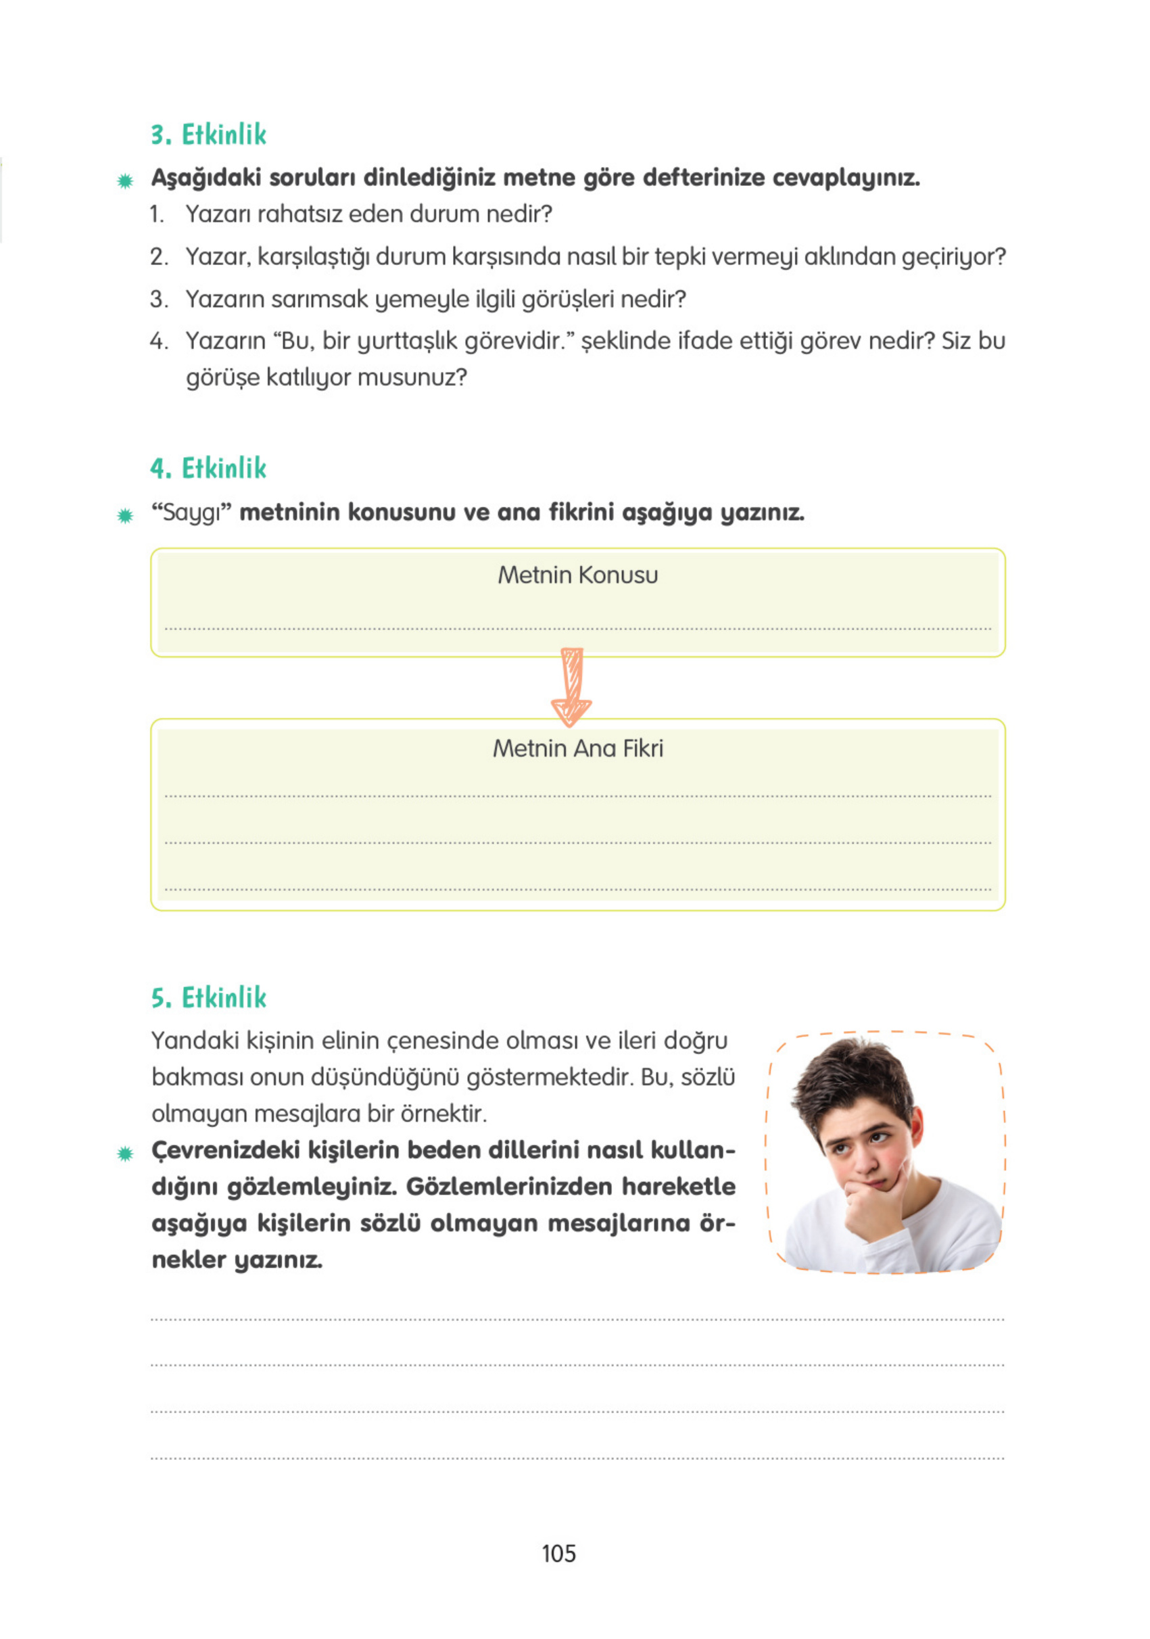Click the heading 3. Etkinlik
tap(208, 134)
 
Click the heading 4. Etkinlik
tap(208, 469)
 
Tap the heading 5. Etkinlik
tap(208, 997)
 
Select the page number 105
tap(558, 1553)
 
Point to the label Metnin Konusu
tap(577, 575)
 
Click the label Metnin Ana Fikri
tap(577, 748)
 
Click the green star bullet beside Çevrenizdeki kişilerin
tap(125, 1154)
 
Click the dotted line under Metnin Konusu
tap(577, 629)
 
